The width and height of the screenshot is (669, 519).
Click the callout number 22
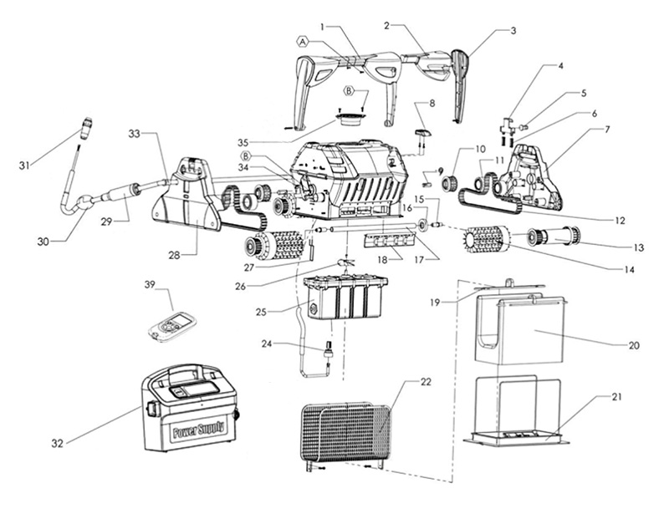pyautogui.click(x=426, y=382)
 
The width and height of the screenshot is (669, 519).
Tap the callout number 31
pyautogui.click(x=23, y=165)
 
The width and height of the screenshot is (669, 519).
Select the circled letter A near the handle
pyautogui.click(x=302, y=40)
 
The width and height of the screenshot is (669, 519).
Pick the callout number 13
pyautogui.click(x=638, y=247)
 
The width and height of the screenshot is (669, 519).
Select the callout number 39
pyautogui.click(x=150, y=285)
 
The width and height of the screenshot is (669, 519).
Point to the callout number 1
pyautogui.click(x=323, y=28)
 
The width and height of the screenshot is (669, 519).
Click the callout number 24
pyautogui.click(x=267, y=343)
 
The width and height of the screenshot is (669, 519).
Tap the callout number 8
pyautogui.click(x=432, y=103)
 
